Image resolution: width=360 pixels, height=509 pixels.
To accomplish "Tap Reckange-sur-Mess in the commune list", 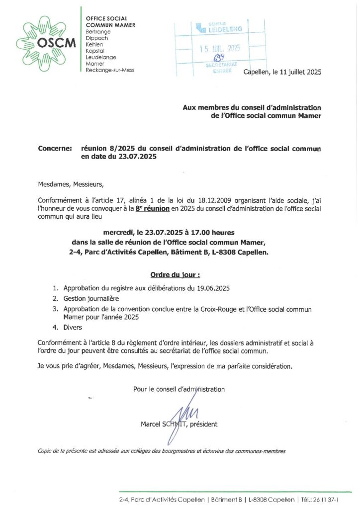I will point(110,70).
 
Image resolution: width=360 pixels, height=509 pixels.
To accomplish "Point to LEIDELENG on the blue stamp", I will point(224,29).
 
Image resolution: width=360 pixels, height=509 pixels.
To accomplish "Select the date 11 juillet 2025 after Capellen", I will point(297,72).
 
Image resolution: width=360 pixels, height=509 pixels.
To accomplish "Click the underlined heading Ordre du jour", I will point(175,274).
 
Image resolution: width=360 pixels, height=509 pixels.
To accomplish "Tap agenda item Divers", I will point(72,328).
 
